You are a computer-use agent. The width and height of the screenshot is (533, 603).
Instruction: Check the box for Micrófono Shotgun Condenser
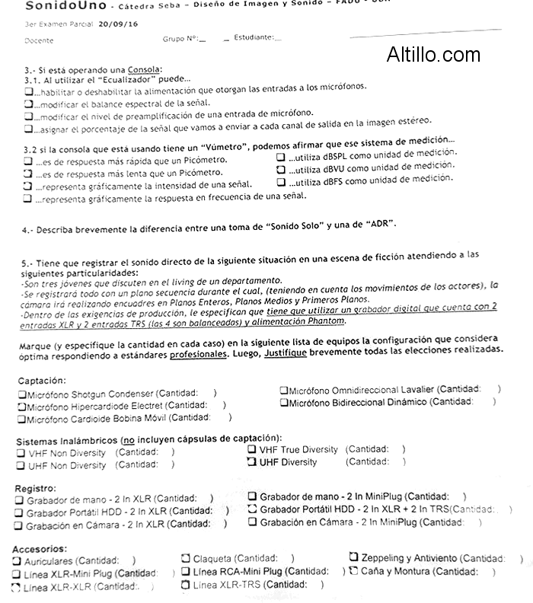pyautogui.click(x=21, y=394)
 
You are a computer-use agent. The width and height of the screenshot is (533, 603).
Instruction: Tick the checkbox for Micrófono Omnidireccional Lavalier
pyautogui.click(x=283, y=389)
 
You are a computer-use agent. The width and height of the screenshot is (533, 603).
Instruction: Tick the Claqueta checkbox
pyautogui.click(x=186, y=559)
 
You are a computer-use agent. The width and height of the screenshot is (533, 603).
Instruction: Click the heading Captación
pyautogui.click(x=42, y=380)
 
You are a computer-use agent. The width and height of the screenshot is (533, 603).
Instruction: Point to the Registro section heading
pyautogui.click(x=35, y=487)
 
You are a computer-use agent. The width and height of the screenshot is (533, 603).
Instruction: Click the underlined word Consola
pyautogui.click(x=145, y=69)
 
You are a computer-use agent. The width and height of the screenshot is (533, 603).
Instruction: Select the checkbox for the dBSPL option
pyautogui.click(x=281, y=156)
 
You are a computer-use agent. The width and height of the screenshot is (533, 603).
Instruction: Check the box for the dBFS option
pyautogui.click(x=281, y=183)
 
